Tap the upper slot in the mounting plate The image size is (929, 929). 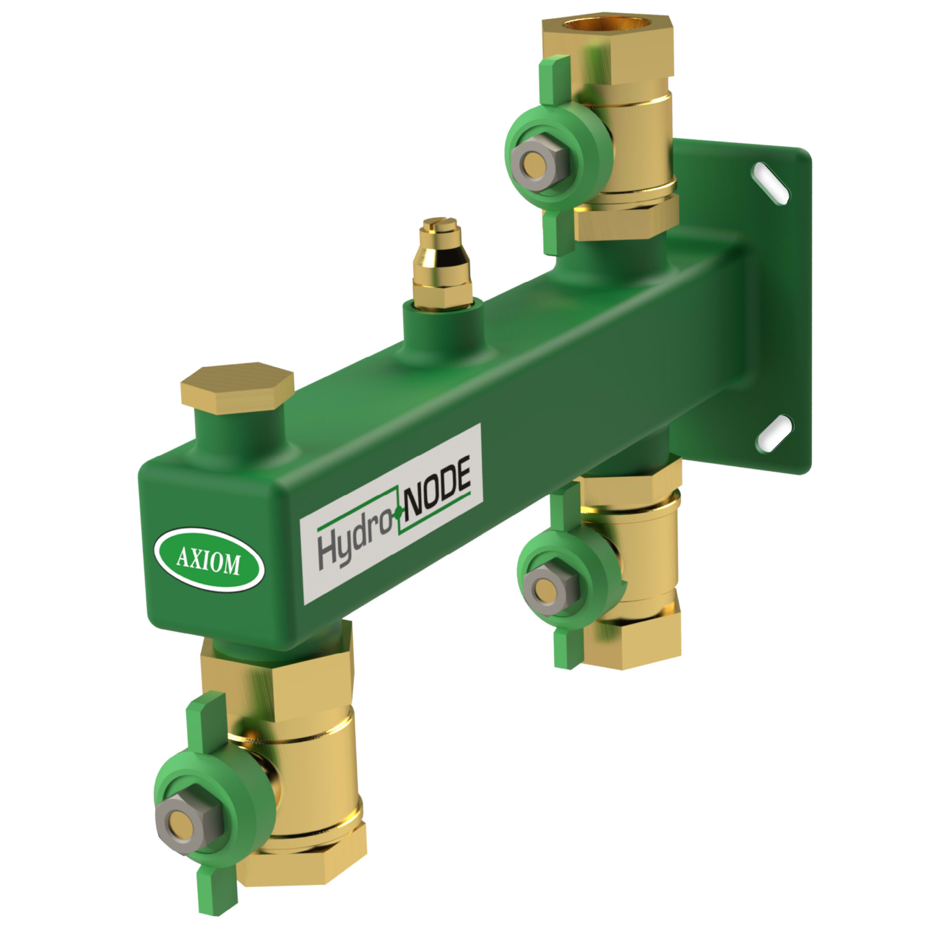click(x=770, y=183)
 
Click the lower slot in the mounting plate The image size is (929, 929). click(x=774, y=433)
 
